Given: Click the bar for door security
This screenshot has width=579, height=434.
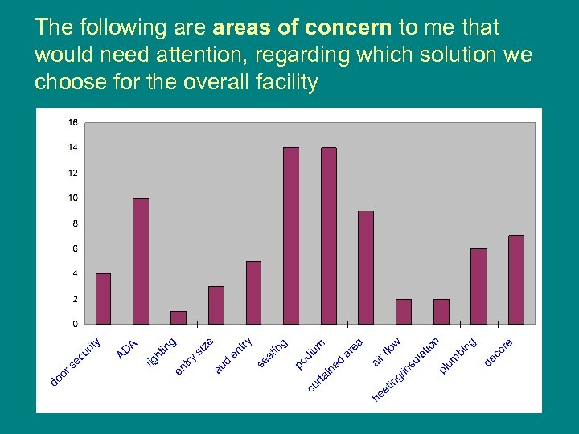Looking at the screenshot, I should (x=103, y=299).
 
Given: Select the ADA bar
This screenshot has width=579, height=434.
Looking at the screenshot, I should (x=141, y=260).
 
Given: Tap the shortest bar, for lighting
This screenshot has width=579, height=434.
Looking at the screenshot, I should (x=179, y=317).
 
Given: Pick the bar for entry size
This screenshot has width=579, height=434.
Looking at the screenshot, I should (x=216, y=305).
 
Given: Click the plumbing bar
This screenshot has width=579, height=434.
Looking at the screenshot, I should (x=478, y=286).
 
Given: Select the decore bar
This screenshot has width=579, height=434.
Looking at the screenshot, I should (x=516, y=280).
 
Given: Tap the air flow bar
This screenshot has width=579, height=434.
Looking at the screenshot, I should (x=404, y=311).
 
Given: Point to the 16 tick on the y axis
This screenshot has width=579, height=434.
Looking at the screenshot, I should (x=73, y=122).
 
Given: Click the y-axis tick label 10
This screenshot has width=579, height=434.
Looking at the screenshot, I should (x=73, y=198).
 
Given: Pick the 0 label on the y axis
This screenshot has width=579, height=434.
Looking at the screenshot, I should (x=75, y=324).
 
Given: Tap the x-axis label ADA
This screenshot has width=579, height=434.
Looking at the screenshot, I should (x=128, y=350).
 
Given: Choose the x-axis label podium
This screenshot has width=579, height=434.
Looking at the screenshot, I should (x=310, y=354).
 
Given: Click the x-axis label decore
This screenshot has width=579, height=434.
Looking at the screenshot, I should (x=499, y=352).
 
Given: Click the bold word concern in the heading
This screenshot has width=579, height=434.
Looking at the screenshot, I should (x=350, y=27).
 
